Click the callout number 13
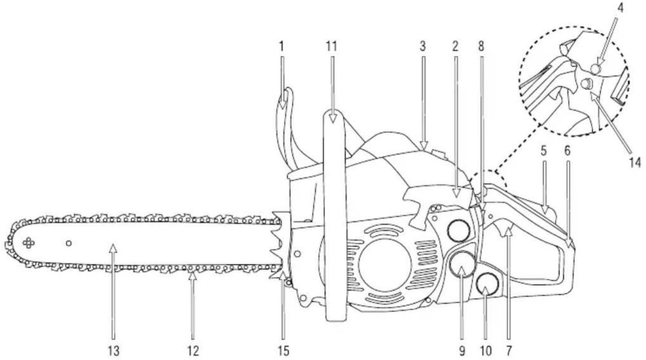(112, 351)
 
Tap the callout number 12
(192, 351)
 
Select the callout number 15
(283, 351)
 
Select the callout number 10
(486, 351)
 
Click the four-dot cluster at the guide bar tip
(29, 243)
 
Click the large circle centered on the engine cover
(384, 264)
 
